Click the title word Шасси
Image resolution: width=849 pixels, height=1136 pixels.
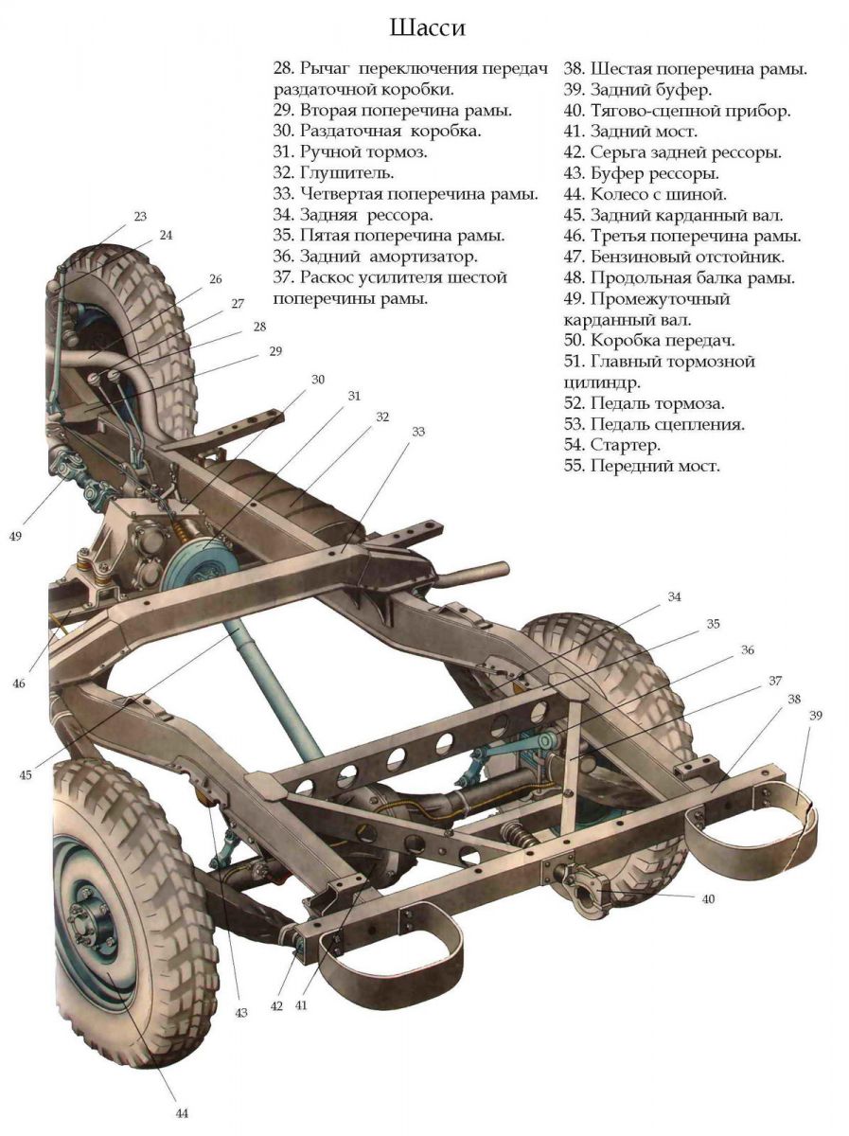coord(427,28)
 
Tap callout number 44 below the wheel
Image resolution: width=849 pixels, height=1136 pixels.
coord(182,1112)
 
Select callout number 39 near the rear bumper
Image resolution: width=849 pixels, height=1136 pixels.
coord(815,716)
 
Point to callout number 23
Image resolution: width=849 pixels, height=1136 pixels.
coord(140,216)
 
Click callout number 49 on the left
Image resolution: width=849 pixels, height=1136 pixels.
coord(15,536)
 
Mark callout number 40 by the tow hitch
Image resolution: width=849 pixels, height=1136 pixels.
coord(707,898)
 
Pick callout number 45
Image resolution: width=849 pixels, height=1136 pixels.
coord(25,774)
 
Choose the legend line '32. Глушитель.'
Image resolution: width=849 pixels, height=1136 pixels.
coord(333,173)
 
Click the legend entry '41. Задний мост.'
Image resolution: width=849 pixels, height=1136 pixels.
coord(630,132)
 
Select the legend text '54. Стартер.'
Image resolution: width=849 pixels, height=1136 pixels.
coord(611,444)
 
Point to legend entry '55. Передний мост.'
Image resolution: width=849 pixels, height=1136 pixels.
coord(642,466)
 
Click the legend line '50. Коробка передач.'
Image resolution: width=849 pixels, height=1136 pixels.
coord(649,340)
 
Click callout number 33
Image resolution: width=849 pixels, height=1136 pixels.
coord(417,432)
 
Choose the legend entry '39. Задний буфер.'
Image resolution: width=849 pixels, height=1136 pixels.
coord(638,90)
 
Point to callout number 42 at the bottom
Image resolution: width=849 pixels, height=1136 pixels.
coord(276,1006)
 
